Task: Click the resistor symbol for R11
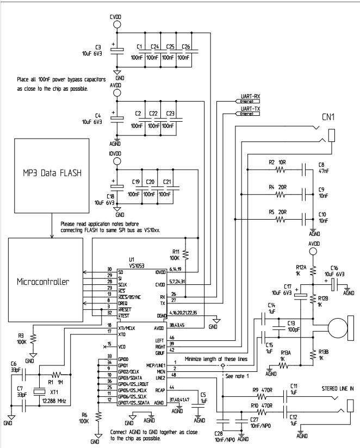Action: pyautogui.click(x=186, y=253)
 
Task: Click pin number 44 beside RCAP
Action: pyautogui.click(x=172, y=387)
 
